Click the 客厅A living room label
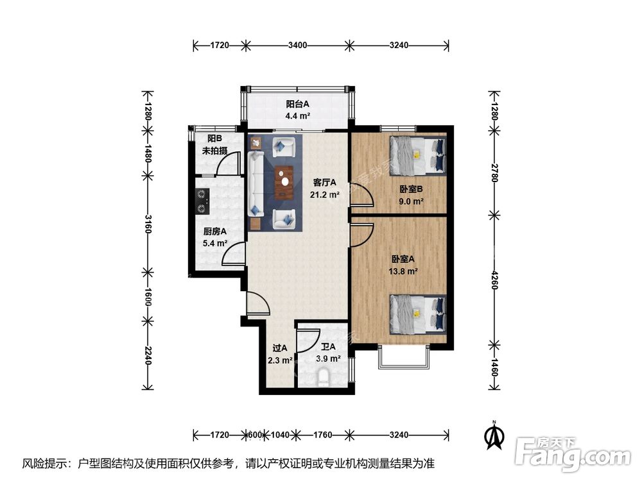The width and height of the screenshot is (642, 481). (324, 182)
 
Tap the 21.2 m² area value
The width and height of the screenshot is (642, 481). (324, 195)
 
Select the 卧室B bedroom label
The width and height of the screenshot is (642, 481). (411, 189)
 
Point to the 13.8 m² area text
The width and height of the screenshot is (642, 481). (403, 271)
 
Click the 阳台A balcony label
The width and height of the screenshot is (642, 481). (298, 105)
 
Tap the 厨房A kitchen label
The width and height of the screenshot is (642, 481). (215, 232)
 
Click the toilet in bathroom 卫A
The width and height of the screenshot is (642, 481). (324, 377)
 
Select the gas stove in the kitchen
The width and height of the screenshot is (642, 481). (202, 201)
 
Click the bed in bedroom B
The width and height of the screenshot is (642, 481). (418, 155)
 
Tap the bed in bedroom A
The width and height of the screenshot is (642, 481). (418, 314)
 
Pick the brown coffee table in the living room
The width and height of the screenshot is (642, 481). (284, 182)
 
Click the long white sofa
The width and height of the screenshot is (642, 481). (255, 183)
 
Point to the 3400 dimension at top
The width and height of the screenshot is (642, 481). (297, 45)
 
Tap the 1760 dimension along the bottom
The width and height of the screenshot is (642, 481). (323, 434)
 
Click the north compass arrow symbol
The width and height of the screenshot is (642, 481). (494, 436)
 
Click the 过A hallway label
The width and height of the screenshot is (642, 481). (280, 348)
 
